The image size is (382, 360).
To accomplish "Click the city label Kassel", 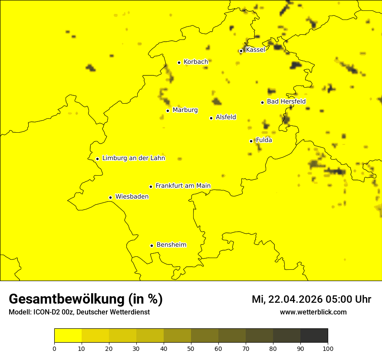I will (255, 50).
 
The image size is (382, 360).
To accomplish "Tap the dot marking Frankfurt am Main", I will (151, 187).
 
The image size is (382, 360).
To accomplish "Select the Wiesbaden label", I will (132, 196).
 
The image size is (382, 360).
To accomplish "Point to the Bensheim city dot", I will (152, 245).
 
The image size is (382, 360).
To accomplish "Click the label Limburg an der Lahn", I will (134, 158).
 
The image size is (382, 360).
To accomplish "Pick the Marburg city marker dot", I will (168, 111).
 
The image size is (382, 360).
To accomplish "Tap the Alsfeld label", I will (226, 117).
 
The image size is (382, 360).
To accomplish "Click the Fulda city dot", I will (251, 141).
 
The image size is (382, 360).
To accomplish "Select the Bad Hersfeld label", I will (286, 101).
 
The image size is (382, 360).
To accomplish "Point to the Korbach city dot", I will (179, 62).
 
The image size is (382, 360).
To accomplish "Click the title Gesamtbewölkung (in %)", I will (86, 299).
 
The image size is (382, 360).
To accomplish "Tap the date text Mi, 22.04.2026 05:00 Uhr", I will (311, 299).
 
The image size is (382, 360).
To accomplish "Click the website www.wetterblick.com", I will (313, 312).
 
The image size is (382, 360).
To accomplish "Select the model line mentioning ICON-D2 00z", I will (79, 312).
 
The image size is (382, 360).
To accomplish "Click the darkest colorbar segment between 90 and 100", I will (314, 336).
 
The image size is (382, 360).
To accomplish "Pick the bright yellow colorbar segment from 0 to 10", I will (68, 336).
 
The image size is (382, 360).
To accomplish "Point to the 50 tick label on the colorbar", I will (191, 348).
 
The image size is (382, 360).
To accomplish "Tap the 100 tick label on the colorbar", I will (327, 348).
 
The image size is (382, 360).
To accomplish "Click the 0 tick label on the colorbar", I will (54, 348).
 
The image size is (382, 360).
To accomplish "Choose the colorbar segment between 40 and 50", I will (177, 336).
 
